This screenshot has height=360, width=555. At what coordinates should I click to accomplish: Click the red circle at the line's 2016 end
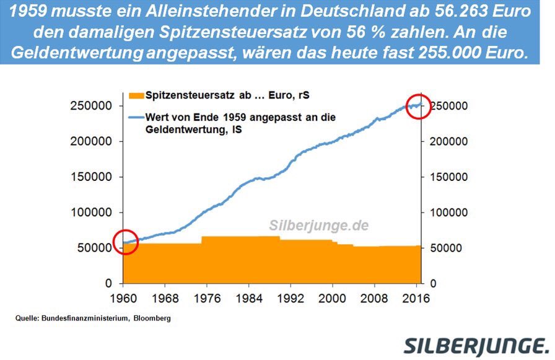point(419,108)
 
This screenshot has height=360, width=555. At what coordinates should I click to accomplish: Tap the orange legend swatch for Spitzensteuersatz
point(136,95)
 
